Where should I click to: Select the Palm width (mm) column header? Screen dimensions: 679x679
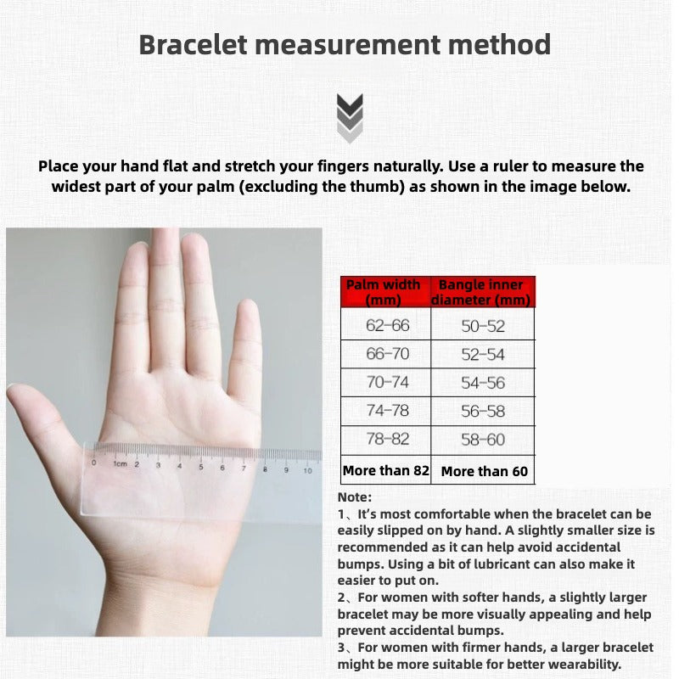pyautogui.click(x=383, y=292)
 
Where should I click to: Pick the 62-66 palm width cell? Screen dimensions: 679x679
pyautogui.click(x=387, y=325)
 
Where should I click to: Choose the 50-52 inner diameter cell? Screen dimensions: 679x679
pyautogui.click(x=483, y=325)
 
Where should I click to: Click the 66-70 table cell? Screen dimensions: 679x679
pyautogui.click(x=387, y=354)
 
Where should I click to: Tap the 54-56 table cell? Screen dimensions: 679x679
pyautogui.click(x=483, y=383)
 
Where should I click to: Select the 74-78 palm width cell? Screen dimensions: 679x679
pyautogui.click(x=387, y=411)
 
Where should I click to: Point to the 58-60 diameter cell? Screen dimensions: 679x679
pyautogui.click(x=483, y=440)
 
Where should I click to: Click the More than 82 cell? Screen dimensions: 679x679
pyautogui.click(x=386, y=470)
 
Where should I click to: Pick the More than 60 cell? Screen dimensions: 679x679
pyautogui.click(x=485, y=471)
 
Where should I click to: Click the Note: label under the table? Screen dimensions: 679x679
pyautogui.click(x=355, y=497)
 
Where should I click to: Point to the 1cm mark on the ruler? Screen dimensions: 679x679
pyautogui.click(x=119, y=464)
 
